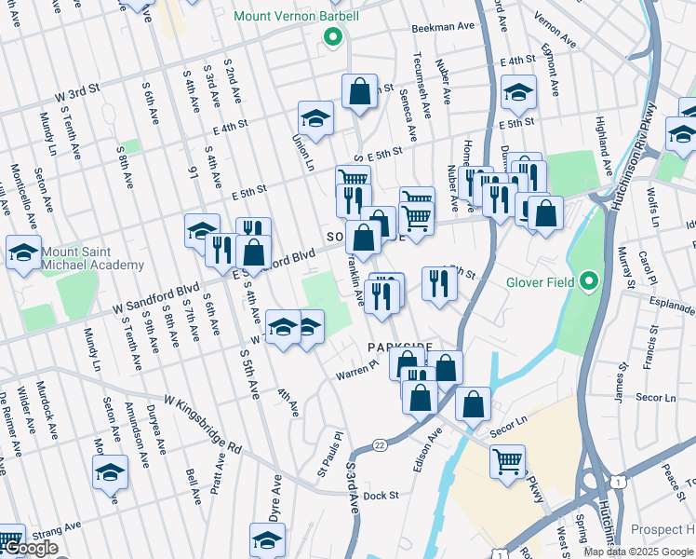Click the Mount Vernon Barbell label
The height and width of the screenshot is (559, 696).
tap(296, 17)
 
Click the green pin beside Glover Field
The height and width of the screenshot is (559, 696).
tap(588, 280)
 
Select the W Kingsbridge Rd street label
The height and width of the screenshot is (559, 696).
tap(203, 422)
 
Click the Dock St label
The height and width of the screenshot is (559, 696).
tap(381, 496)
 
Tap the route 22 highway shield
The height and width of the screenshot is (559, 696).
tap(381, 445)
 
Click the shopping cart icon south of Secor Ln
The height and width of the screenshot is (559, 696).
tap(508, 461)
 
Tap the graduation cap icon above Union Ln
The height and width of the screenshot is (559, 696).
tap(315, 118)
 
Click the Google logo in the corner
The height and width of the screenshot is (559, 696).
tap(30, 549)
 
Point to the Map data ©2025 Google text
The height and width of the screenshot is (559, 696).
tap(637, 552)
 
